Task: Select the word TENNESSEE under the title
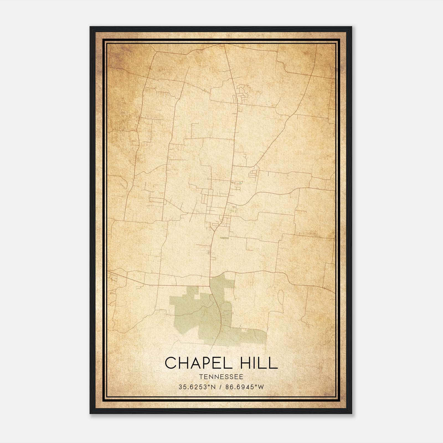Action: (x=221, y=377)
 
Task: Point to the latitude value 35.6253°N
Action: (x=197, y=387)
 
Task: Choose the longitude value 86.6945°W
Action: (x=245, y=387)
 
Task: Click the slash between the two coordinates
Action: (x=221, y=387)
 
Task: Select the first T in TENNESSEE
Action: (x=200, y=377)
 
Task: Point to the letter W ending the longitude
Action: (x=261, y=387)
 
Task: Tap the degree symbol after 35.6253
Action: (x=208, y=385)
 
